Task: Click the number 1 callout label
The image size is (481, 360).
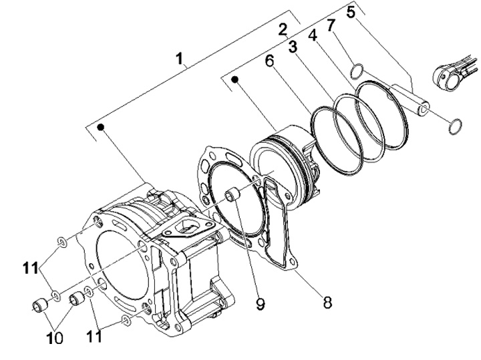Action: [x=180, y=58]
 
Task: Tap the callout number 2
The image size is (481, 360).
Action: [x=283, y=30]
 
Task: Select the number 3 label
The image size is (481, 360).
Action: [x=293, y=47]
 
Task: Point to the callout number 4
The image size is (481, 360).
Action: [x=312, y=36]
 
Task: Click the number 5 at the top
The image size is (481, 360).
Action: [x=351, y=12]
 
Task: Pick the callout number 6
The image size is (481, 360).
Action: [x=269, y=61]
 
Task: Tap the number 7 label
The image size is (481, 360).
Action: [x=330, y=25]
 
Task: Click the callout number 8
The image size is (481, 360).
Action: [x=327, y=303]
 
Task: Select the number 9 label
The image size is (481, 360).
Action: [x=260, y=304]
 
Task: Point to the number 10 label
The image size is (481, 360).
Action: [x=55, y=338]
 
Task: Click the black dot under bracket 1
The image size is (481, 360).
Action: [x=101, y=127]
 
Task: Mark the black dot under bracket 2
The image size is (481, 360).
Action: [x=235, y=79]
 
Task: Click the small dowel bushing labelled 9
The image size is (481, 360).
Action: [x=232, y=195]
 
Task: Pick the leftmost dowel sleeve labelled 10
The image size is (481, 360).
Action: [x=39, y=305]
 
